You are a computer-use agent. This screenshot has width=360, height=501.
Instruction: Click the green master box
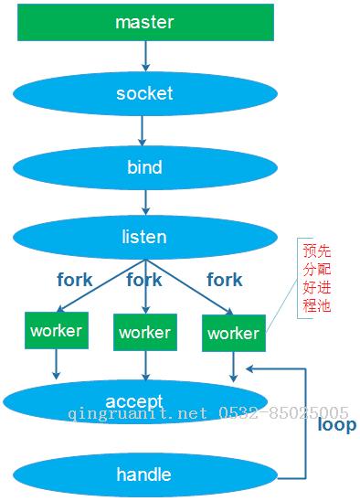[144, 23]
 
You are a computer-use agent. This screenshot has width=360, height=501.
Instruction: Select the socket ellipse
[144, 93]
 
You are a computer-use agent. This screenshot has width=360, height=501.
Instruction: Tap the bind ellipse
[144, 166]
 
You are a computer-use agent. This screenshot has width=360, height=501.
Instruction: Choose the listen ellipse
[144, 237]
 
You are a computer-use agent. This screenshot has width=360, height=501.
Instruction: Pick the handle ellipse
[144, 474]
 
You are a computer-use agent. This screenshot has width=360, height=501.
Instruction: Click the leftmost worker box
[56, 330]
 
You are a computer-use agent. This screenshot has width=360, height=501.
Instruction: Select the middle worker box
[144, 332]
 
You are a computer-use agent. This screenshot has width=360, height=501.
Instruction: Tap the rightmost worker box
[233, 333]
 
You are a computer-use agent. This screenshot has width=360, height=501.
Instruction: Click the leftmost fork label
[74, 280]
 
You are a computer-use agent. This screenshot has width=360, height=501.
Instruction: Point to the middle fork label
[144, 279]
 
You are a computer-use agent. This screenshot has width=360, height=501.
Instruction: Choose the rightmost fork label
[224, 280]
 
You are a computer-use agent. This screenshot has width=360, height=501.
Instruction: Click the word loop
[336, 425]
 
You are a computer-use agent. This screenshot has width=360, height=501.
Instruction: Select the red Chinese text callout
[315, 277]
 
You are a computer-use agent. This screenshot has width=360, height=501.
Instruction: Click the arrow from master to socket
[144, 56]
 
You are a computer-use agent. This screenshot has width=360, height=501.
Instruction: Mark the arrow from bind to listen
[144, 201]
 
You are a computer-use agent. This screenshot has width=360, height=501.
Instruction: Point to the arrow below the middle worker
[144, 366]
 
